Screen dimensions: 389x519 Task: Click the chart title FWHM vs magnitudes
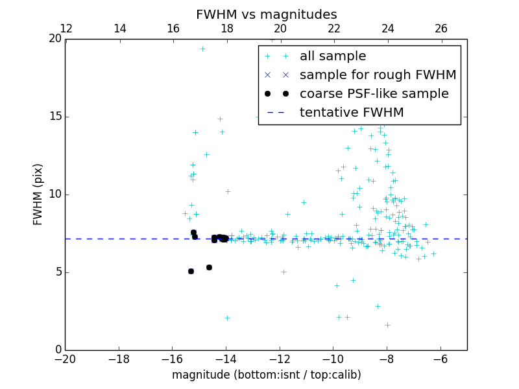pyautogui.click(x=266, y=14)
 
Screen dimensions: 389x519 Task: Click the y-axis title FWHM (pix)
pyautogui.click(x=38, y=194)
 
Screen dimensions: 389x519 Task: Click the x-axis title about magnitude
pyautogui.click(x=266, y=375)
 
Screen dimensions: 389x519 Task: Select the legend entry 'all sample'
pyautogui.click(x=333, y=56)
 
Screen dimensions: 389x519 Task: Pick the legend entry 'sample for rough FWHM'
pyautogui.click(x=378, y=75)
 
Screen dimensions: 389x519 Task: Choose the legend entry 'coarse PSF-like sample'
pyautogui.click(x=374, y=94)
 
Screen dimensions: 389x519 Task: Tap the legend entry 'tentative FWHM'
pyautogui.click(x=352, y=113)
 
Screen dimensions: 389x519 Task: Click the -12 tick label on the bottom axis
pyautogui.click(x=280, y=359)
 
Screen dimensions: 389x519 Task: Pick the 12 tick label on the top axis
pyautogui.click(x=66, y=29)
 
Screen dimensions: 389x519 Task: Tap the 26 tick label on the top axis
pyautogui.click(x=441, y=29)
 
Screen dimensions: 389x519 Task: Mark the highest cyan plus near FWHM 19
pyautogui.click(x=202, y=49)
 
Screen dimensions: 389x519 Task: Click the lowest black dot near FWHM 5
pyautogui.click(x=191, y=271)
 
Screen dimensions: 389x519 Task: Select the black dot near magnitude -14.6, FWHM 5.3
pyautogui.click(x=209, y=267)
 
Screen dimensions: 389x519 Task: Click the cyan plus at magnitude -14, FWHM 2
pyautogui.click(x=227, y=318)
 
